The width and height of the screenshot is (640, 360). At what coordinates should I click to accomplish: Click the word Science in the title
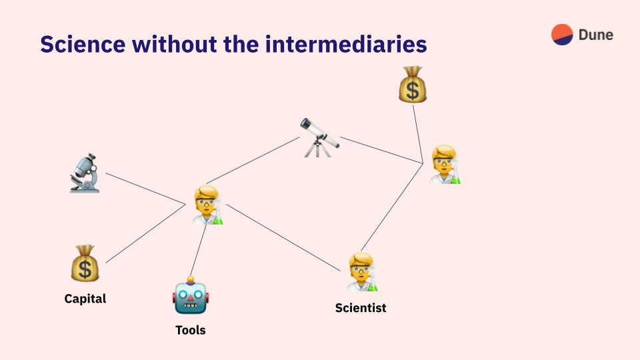83,44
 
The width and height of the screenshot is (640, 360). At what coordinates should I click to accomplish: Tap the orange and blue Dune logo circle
562,34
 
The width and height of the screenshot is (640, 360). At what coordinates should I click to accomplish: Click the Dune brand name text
596,35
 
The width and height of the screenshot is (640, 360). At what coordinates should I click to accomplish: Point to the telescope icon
319,137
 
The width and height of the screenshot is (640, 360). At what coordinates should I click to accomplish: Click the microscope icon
85,173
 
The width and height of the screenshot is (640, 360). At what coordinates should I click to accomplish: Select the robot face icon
191,295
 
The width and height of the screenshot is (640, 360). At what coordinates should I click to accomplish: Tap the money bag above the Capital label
85,263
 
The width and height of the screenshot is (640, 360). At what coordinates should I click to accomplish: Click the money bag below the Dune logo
413,85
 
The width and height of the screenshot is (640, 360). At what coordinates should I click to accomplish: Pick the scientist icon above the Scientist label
362,272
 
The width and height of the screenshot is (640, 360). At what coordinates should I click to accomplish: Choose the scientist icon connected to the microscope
207,205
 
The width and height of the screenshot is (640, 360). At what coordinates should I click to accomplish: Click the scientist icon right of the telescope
445,165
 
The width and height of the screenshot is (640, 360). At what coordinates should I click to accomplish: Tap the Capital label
85,299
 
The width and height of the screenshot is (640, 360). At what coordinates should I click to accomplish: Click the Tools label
191,330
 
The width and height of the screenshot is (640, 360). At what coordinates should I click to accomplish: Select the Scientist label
361,308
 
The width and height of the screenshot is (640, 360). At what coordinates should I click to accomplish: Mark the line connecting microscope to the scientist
146,189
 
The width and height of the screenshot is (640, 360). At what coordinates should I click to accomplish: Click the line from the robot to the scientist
199,250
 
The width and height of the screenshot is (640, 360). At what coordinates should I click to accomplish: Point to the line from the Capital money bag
146,233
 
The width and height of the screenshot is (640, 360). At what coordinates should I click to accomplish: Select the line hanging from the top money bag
418,134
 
